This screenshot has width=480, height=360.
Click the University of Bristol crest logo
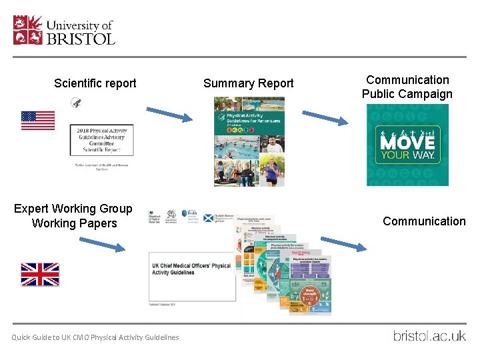[x=27, y=30]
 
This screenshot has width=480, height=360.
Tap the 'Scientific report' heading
[x=95, y=83]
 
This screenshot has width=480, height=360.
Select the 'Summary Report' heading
[x=248, y=83]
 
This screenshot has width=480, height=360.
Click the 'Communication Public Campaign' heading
[x=407, y=87]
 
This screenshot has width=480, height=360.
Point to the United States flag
[x=38, y=121]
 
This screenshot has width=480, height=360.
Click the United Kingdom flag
[x=40, y=274]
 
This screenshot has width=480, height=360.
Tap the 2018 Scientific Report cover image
[x=101, y=141]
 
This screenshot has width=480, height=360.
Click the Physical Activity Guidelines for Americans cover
[x=249, y=141]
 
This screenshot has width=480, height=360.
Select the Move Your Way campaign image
[x=407, y=145]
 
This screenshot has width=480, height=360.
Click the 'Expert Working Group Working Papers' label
[x=73, y=216]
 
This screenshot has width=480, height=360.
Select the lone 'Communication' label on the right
[x=424, y=221]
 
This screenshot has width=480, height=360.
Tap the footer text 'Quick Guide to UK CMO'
[x=95, y=337]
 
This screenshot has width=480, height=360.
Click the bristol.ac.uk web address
[x=429, y=335]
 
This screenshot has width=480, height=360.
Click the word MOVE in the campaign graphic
[x=407, y=143]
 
